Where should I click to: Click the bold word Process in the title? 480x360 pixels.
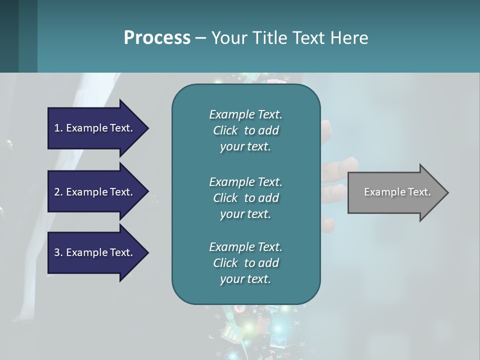click(157, 37)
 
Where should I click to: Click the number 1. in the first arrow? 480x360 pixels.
click(58, 128)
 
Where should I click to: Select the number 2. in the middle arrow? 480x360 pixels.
click(58, 192)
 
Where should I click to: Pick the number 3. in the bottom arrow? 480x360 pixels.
click(58, 252)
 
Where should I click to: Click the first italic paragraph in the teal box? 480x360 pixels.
click(245, 130)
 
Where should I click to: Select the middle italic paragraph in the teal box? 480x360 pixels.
click(245, 197)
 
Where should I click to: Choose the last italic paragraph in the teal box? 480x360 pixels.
click(245, 263)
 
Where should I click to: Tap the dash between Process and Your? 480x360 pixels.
click(200, 37)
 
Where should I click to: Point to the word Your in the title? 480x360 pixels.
click(225, 37)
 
